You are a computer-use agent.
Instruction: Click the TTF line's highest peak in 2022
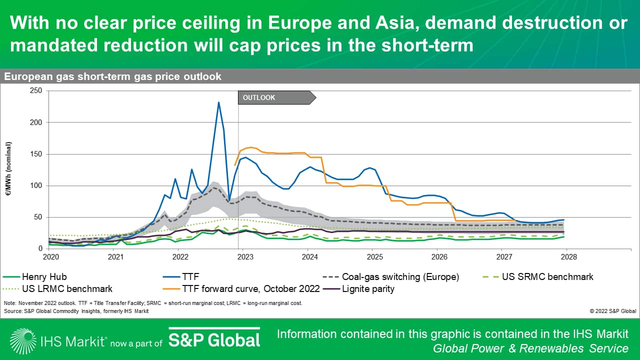tap(218, 102)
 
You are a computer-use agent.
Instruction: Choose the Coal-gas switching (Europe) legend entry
tap(400, 276)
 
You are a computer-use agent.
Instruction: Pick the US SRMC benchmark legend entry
tap(547, 276)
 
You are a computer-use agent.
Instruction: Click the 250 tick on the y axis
tap(36, 90)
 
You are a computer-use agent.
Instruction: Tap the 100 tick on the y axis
tap(36, 185)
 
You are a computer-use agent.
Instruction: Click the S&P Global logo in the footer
tap(214, 340)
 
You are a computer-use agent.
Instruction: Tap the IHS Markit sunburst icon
tap(22, 340)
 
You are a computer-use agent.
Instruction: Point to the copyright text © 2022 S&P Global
tap(612, 310)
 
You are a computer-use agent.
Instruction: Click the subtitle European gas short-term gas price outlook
tap(113, 76)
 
